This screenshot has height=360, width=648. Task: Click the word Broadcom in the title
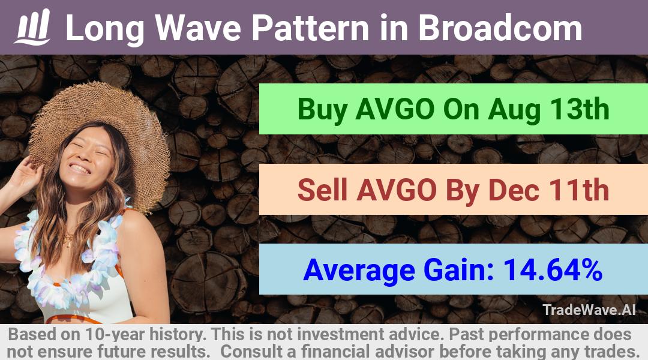[500, 28]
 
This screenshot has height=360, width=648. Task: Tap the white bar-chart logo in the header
[32, 26]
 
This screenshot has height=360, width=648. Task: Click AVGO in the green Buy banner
[395, 109]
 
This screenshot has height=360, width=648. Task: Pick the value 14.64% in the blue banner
[553, 269]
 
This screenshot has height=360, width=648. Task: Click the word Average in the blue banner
[359, 271]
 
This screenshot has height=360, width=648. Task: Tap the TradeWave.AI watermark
[589, 310]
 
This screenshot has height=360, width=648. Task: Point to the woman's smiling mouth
[79, 169]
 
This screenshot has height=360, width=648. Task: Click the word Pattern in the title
[310, 28]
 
